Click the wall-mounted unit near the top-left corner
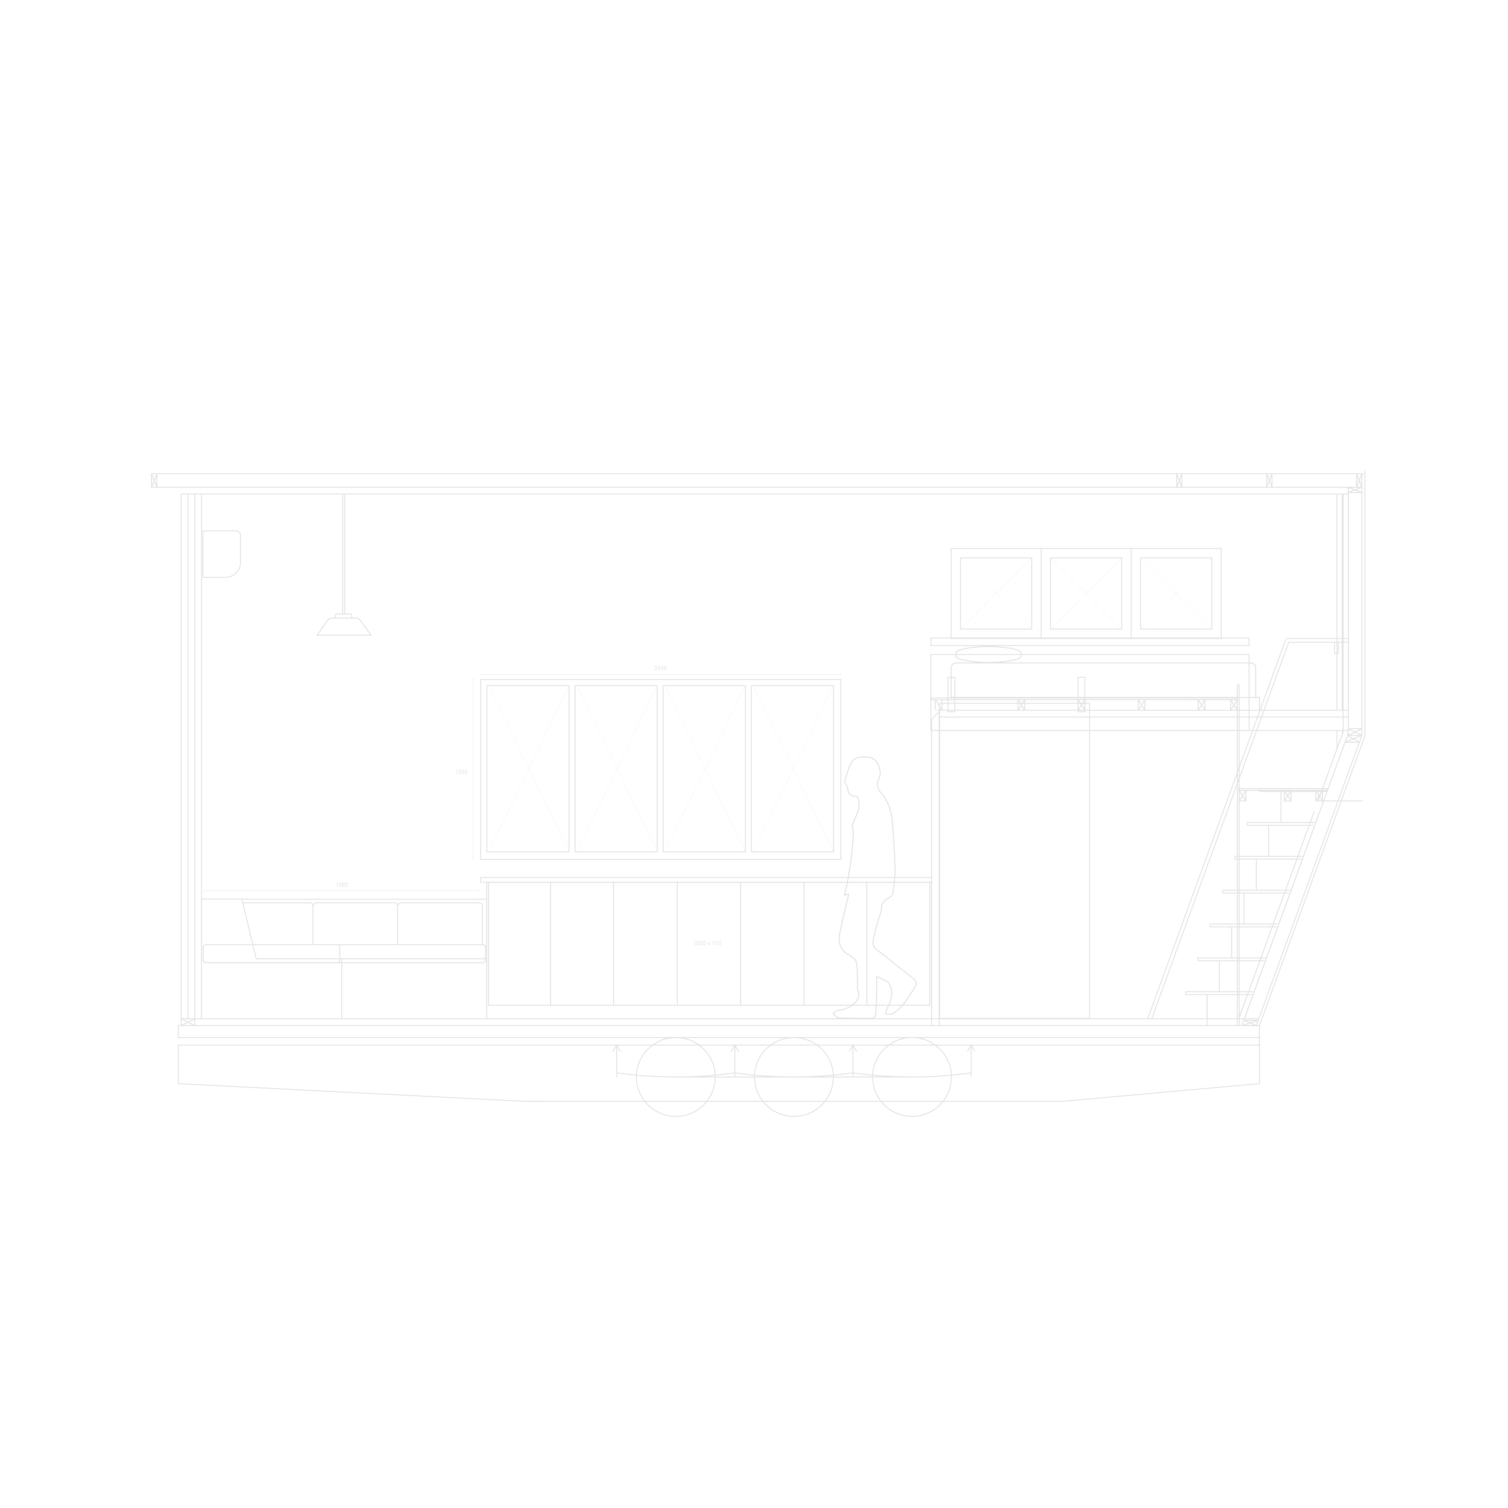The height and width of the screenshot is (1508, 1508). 222,553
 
